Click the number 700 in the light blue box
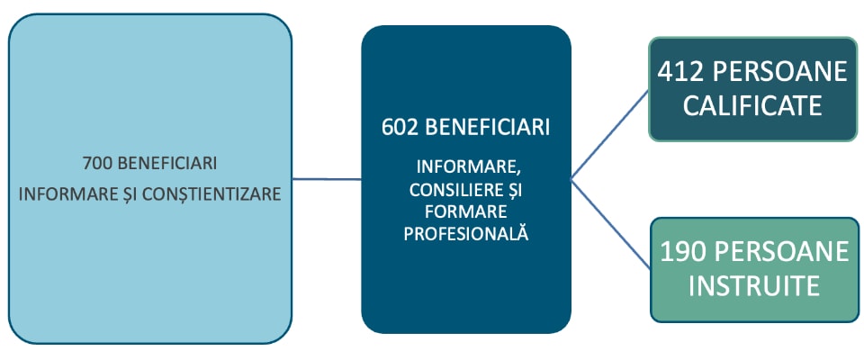96,164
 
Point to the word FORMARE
467,211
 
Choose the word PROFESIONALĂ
465,233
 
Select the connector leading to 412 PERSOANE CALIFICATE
610,134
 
